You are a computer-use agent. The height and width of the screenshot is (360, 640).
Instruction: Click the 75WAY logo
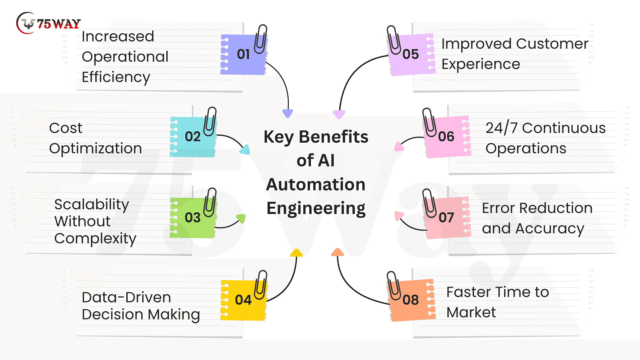click(48, 23)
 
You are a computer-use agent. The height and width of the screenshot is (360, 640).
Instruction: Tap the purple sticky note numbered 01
click(243, 54)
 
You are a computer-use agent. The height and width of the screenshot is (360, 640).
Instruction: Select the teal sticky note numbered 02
click(193, 137)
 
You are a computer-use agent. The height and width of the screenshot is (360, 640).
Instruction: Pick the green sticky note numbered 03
click(193, 218)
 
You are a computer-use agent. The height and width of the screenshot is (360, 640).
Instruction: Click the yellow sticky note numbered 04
click(243, 300)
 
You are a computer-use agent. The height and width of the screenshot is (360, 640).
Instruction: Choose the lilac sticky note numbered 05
click(411, 54)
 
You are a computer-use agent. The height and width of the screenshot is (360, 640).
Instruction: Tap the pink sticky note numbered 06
click(447, 137)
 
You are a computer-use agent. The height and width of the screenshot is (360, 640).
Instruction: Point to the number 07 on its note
click(446, 218)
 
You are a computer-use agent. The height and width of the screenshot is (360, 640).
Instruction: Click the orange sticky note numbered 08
click(411, 300)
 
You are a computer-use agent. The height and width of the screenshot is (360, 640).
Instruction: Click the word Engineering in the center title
click(316, 209)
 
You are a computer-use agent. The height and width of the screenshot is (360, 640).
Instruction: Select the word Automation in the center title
click(316, 184)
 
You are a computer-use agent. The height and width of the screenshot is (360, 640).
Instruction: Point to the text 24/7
click(502, 128)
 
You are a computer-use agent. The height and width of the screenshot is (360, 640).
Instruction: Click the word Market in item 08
click(471, 312)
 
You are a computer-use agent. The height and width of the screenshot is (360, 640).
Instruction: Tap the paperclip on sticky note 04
click(261, 285)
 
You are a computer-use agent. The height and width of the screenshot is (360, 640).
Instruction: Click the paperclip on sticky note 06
click(429, 123)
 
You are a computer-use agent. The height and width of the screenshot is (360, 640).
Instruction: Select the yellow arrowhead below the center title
click(296, 253)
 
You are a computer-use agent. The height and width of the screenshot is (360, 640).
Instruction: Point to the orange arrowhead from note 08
click(337, 252)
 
